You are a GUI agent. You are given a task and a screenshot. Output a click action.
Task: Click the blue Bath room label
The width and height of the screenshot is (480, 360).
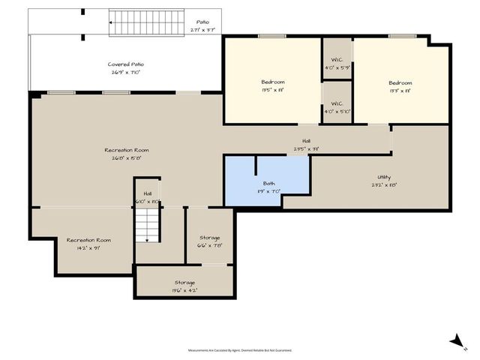[268, 187]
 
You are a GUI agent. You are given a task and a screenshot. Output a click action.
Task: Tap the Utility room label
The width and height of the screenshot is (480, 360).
[383, 181]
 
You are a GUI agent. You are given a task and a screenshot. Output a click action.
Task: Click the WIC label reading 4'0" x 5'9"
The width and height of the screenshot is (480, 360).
[337, 64]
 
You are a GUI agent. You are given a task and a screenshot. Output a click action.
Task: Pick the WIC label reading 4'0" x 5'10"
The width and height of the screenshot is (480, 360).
[337, 107]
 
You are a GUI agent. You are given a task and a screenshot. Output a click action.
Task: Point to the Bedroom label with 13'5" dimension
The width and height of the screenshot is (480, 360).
[272, 85]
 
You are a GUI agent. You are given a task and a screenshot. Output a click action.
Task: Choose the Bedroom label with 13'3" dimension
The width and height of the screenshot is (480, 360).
[400, 86]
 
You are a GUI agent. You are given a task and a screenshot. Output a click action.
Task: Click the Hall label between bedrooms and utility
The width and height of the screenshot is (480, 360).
[306, 145]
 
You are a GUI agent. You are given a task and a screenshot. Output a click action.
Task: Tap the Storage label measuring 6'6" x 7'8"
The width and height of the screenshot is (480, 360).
[210, 241]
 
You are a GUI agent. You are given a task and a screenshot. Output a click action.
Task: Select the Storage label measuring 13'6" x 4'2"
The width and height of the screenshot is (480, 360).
[184, 286]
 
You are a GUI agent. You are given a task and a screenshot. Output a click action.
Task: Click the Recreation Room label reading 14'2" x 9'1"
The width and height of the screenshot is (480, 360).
[88, 244]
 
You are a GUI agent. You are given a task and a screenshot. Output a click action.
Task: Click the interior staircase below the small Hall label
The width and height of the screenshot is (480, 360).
[148, 224]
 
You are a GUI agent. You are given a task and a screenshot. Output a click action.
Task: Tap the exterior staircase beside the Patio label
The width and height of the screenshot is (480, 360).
[147, 24]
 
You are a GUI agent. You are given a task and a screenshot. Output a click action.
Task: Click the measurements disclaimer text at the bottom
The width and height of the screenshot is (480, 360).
[240, 350]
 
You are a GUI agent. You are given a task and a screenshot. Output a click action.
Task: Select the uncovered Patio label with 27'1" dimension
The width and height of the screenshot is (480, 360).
[202, 26]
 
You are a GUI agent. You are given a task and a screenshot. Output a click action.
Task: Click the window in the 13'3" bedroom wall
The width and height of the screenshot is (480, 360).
[402, 35]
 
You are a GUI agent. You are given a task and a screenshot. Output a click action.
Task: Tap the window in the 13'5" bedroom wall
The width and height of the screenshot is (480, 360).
[272, 36]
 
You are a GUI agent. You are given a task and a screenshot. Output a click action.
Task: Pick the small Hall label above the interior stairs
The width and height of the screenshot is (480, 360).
[148, 197]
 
